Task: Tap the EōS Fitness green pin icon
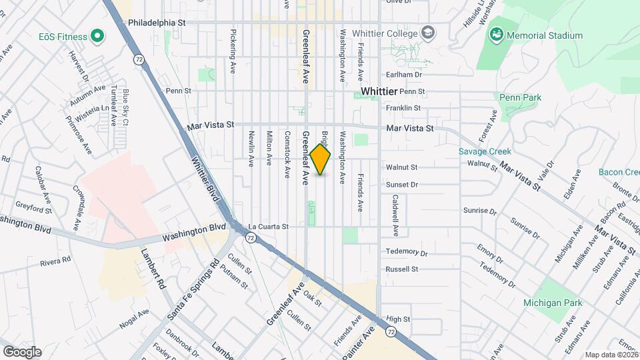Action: pos(98,35)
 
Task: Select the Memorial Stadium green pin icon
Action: pos(495,34)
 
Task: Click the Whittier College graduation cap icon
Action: pos(427,33)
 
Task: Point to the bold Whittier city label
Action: pos(379,91)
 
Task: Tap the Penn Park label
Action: pos(521,97)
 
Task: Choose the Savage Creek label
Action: pos(485,151)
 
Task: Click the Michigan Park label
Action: pos(553,303)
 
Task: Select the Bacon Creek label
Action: pos(619,172)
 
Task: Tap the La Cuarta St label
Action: pos(268,227)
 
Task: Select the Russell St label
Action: pos(402,269)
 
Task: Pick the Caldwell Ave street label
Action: pos(395,215)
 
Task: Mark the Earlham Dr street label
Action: pos(402,75)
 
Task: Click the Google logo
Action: pos(22,351)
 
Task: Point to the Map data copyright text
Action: pos(611,355)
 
